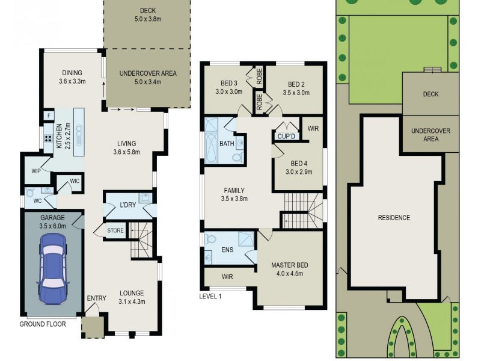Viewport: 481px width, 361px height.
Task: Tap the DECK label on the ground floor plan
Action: pos(147,11)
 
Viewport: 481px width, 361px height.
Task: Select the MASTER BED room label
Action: pos(290,265)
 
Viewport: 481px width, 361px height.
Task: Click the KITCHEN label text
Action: pos(59,137)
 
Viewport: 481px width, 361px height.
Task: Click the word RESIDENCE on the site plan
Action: pos(394,217)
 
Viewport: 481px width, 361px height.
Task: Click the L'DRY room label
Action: pos(127,205)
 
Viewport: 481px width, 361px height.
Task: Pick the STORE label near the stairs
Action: pos(115,230)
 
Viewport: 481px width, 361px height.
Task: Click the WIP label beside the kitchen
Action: pos(35,170)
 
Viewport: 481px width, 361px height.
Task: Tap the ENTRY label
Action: pos(96,298)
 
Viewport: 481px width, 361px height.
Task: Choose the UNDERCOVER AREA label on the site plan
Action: pos(430,135)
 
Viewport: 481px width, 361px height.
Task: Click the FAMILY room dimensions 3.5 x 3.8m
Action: pos(234,199)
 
